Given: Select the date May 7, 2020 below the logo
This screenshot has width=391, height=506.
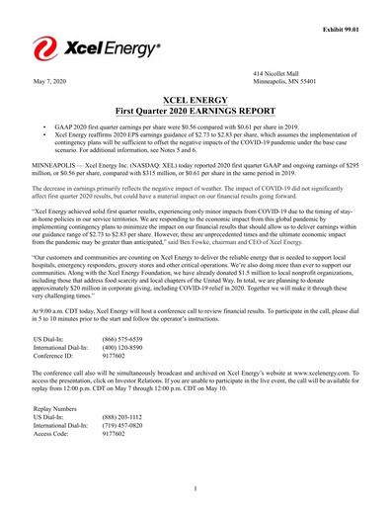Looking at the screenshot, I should click(50, 81).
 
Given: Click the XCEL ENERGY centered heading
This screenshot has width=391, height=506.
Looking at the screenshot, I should click(195, 101).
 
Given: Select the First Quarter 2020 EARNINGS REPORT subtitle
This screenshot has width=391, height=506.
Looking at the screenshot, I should click(195, 113).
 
